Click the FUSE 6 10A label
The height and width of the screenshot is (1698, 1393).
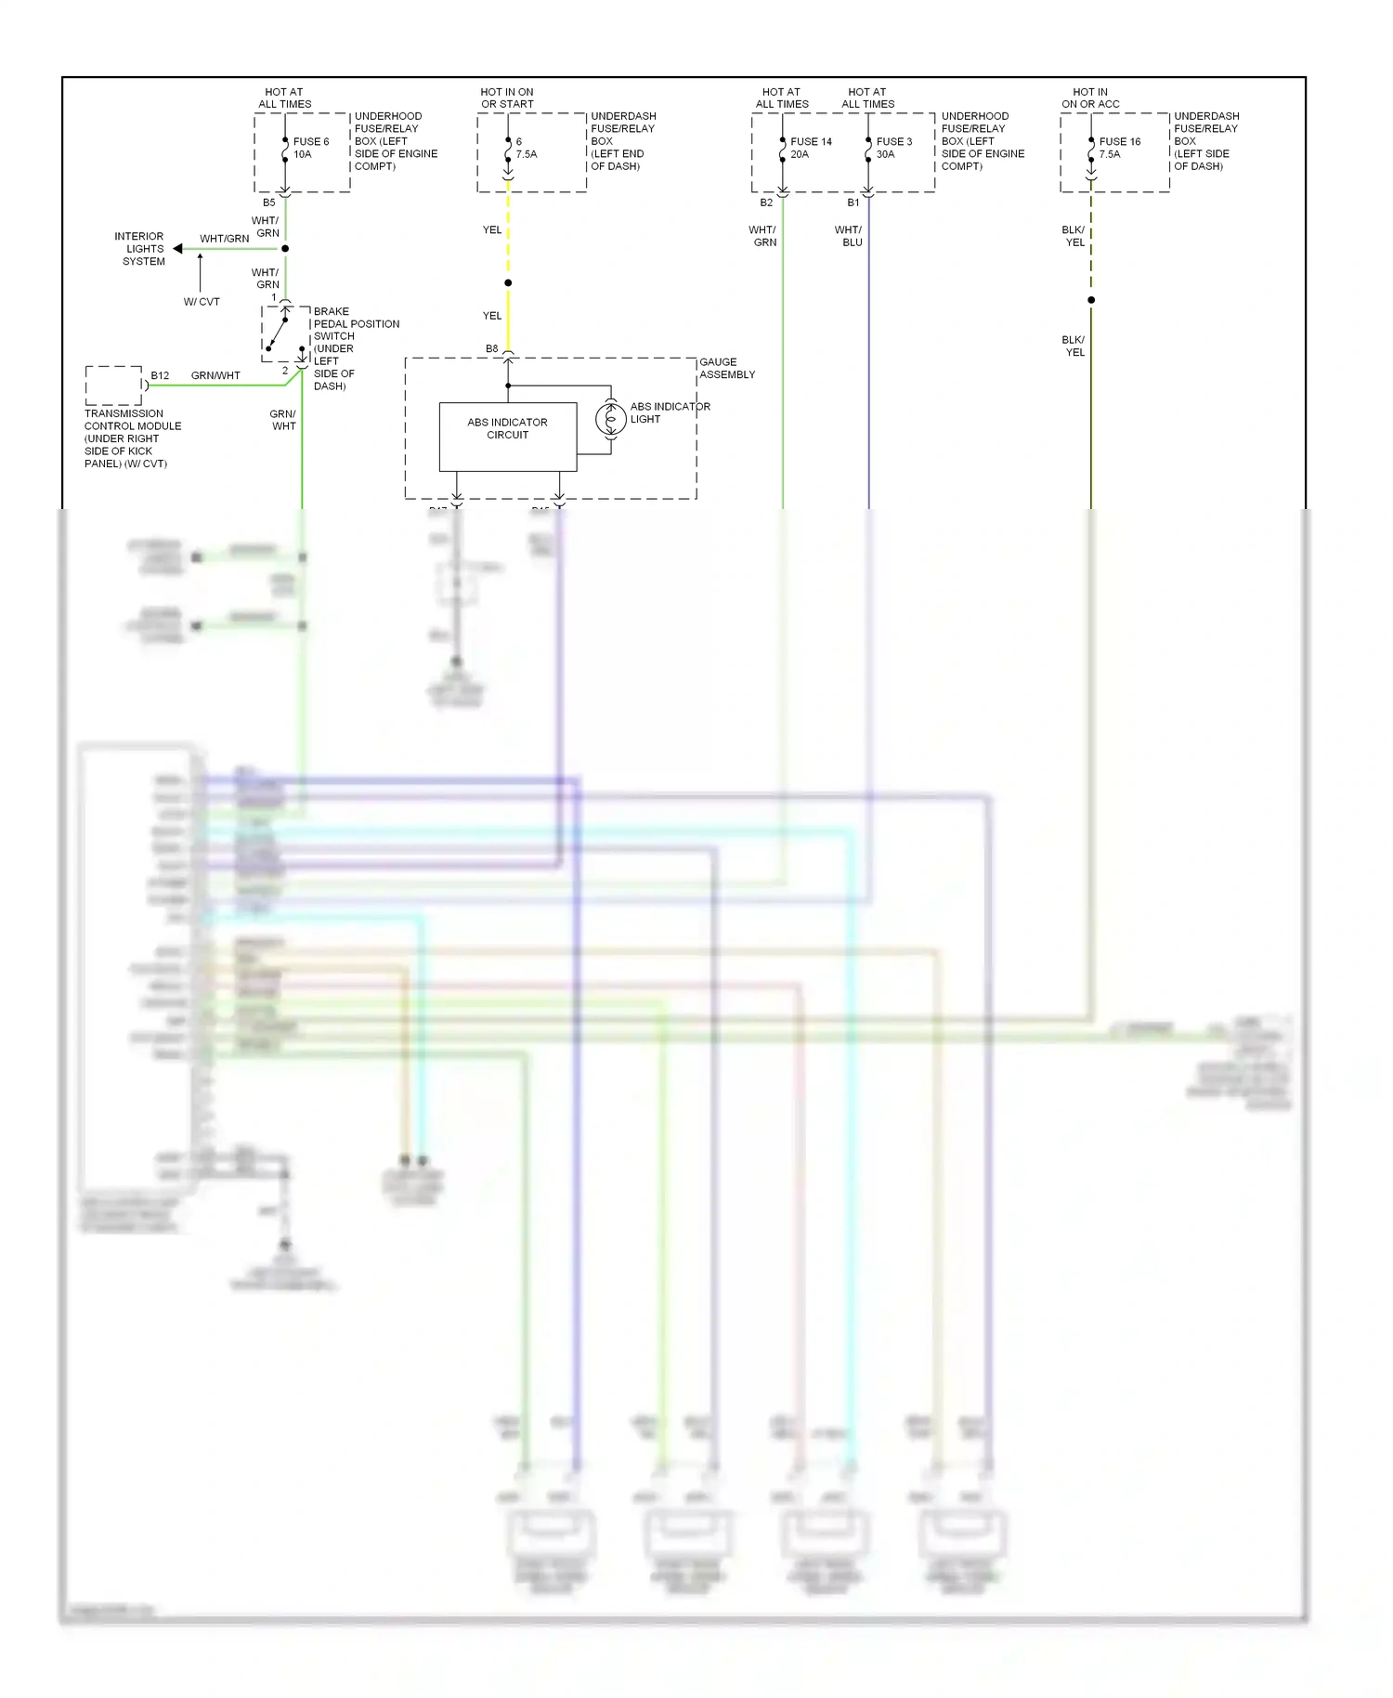(x=310, y=148)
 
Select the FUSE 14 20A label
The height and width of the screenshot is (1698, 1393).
(x=810, y=148)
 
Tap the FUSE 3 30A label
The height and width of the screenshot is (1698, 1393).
(x=893, y=148)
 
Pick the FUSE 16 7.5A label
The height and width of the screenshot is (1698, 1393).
(x=1119, y=148)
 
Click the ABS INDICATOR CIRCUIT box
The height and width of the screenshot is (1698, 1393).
(x=507, y=436)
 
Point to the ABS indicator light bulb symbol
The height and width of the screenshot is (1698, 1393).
(x=610, y=420)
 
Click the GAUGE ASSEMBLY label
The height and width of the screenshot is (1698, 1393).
(x=726, y=368)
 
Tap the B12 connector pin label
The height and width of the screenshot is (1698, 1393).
(x=160, y=375)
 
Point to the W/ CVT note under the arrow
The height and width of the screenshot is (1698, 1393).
(x=202, y=302)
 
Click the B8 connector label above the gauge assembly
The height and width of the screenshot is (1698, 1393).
(x=491, y=348)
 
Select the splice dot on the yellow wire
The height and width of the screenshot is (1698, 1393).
(x=508, y=282)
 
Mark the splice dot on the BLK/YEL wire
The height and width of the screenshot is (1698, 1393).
(x=1091, y=300)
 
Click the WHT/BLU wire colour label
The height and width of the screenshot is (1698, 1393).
(x=849, y=236)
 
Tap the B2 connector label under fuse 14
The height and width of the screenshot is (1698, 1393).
(x=765, y=202)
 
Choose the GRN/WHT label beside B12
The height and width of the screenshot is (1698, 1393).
(x=215, y=375)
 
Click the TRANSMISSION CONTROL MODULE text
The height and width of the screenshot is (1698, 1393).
(x=132, y=438)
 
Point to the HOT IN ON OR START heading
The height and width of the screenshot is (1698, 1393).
(x=507, y=98)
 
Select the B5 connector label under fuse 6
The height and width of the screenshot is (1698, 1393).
(x=268, y=202)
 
